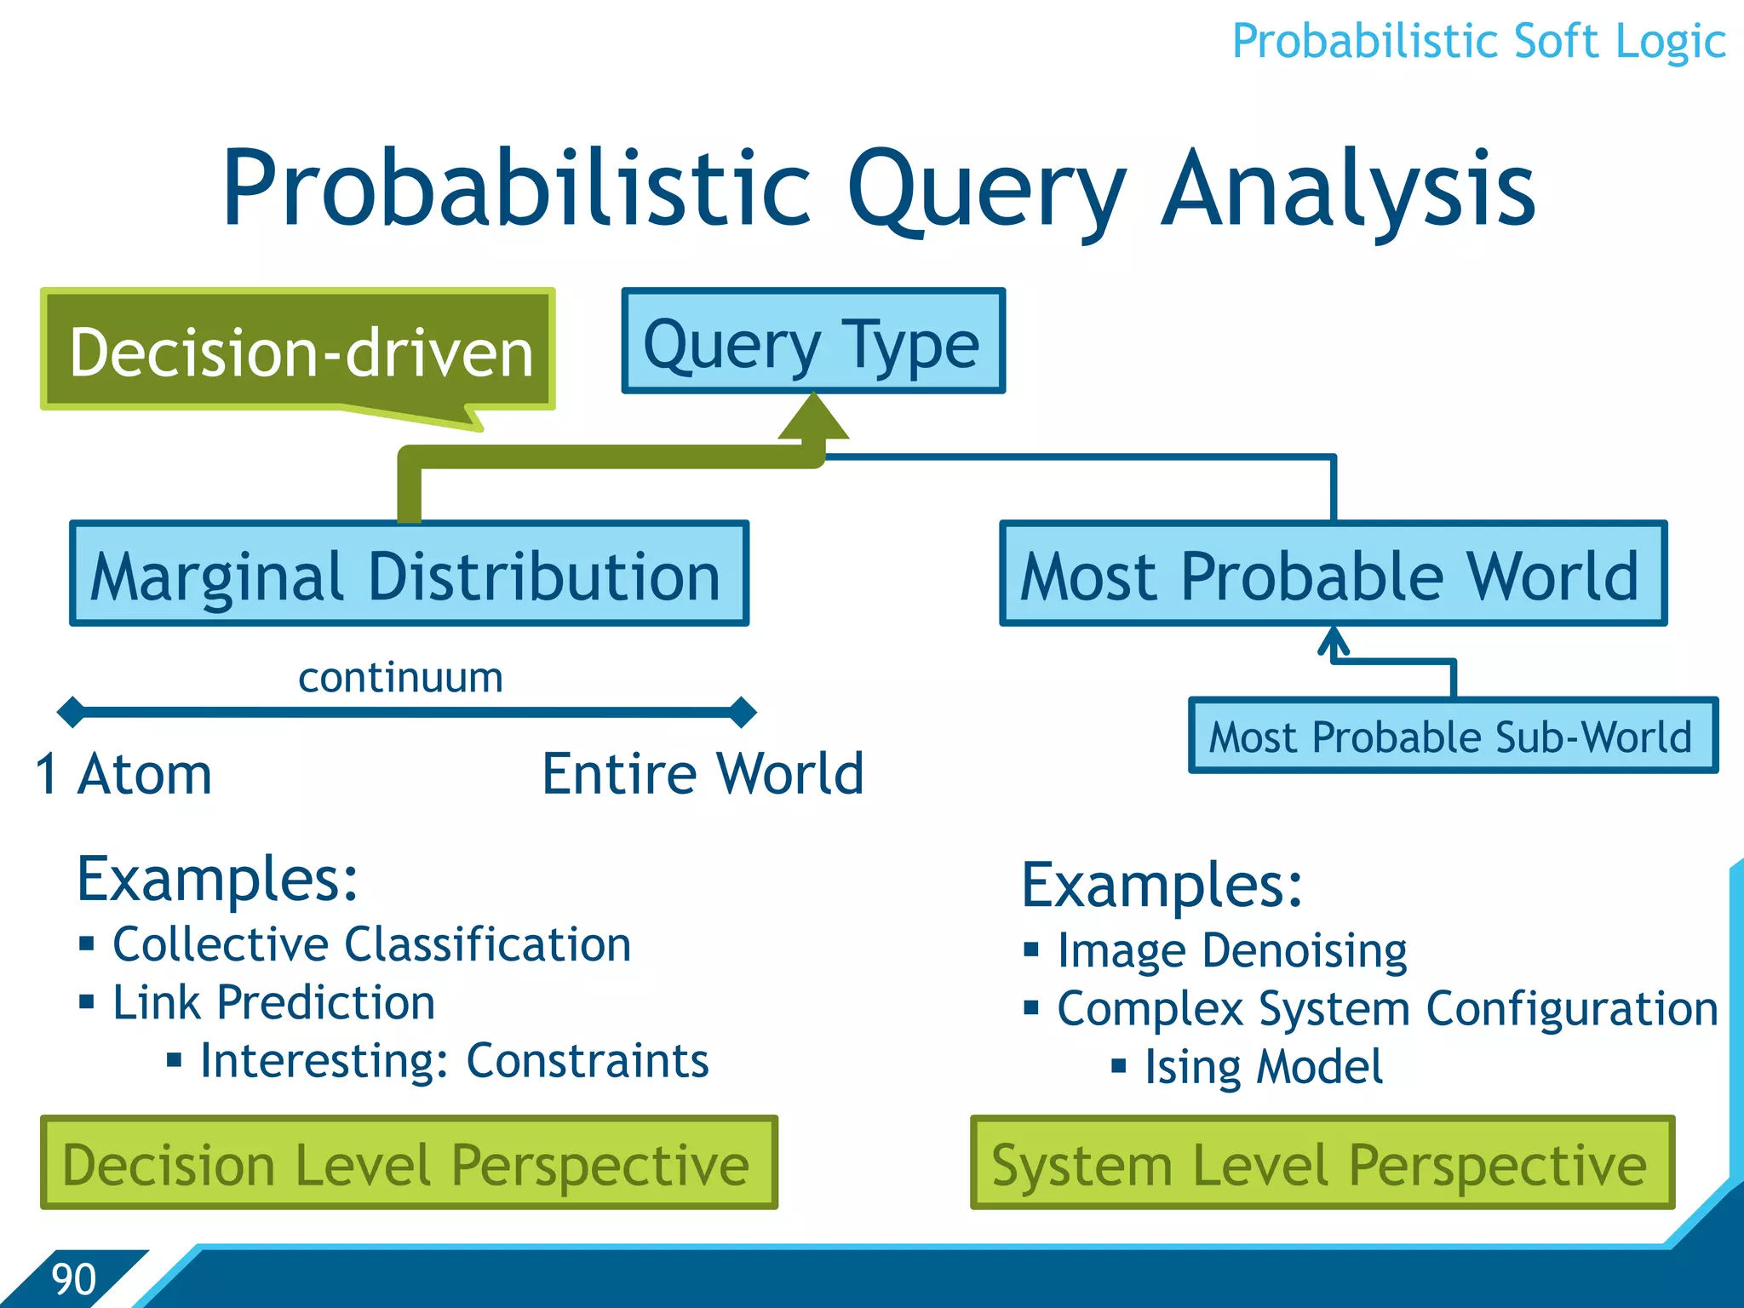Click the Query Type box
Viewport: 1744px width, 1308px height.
[813, 341]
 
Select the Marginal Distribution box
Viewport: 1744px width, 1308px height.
[409, 574]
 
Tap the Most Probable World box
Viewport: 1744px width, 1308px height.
[1333, 574]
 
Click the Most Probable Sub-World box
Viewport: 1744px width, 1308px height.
[1453, 736]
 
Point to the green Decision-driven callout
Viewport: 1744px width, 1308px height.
[298, 350]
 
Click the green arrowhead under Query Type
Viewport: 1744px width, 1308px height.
[814, 418]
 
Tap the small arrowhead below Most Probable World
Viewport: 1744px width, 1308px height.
[1334, 641]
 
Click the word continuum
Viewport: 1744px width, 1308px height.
[400, 678]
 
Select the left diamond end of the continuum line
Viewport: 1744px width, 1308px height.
[72, 711]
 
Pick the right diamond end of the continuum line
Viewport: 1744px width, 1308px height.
[743, 711]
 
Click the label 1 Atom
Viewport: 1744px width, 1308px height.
[124, 775]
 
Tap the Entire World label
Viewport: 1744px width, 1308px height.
[703, 774]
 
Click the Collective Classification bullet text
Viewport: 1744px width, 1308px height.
[372, 944]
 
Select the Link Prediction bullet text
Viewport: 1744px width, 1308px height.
[274, 1002]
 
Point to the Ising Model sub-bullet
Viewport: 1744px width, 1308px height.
[1263, 1066]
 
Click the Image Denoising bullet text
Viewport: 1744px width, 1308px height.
[1231, 950]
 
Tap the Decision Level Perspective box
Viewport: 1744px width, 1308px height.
[409, 1163]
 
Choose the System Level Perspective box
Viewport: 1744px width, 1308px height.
[1322, 1163]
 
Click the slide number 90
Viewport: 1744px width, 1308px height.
[74, 1279]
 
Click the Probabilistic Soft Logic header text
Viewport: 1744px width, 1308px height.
[1478, 41]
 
